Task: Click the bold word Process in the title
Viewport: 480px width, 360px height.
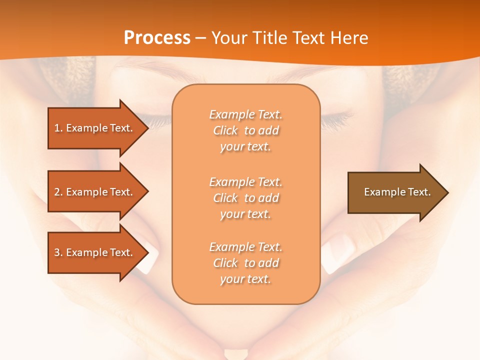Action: [157, 38]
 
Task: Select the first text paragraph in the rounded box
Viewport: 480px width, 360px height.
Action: [245, 130]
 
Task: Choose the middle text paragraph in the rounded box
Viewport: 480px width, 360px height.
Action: [245, 198]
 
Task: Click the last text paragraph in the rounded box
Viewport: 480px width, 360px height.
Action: [245, 263]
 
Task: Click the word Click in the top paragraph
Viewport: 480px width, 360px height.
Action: [225, 130]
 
